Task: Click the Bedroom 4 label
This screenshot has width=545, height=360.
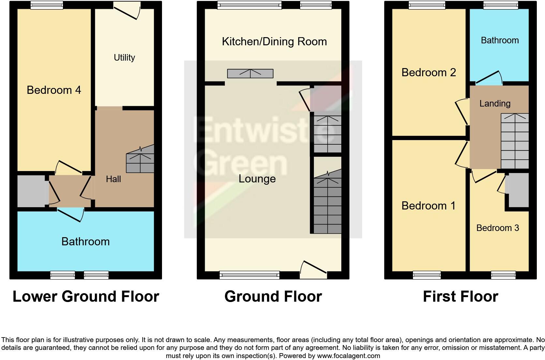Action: tap(54, 90)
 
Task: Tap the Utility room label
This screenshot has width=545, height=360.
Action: tap(124, 58)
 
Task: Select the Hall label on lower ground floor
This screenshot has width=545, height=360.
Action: tap(113, 179)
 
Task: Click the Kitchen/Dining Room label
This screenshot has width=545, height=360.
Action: tap(274, 42)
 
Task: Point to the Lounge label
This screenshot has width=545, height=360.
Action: tap(257, 179)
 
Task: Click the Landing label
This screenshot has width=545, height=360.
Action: tap(495, 104)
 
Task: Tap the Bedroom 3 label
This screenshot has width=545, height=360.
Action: tap(497, 228)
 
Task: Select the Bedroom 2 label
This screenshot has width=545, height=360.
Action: tap(428, 72)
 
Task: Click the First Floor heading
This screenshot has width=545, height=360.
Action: tap(460, 296)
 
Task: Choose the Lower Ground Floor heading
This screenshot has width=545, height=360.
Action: tap(86, 296)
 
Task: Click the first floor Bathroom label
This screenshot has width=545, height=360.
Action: tap(500, 40)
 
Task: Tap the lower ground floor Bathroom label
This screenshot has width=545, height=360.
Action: tap(85, 241)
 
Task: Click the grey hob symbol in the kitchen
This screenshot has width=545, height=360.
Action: tap(250, 74)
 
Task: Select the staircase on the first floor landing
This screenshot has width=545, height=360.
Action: tap(514, 141)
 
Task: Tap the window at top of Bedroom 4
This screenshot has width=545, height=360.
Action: tap(47, 5)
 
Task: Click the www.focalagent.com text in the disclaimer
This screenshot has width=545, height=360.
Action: tap(348, 356)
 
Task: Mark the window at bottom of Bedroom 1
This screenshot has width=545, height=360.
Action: tap(427, 276)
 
